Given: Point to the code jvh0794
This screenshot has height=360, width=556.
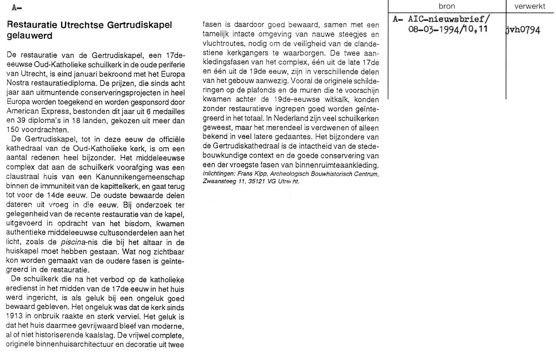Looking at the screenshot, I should coord(523,29).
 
